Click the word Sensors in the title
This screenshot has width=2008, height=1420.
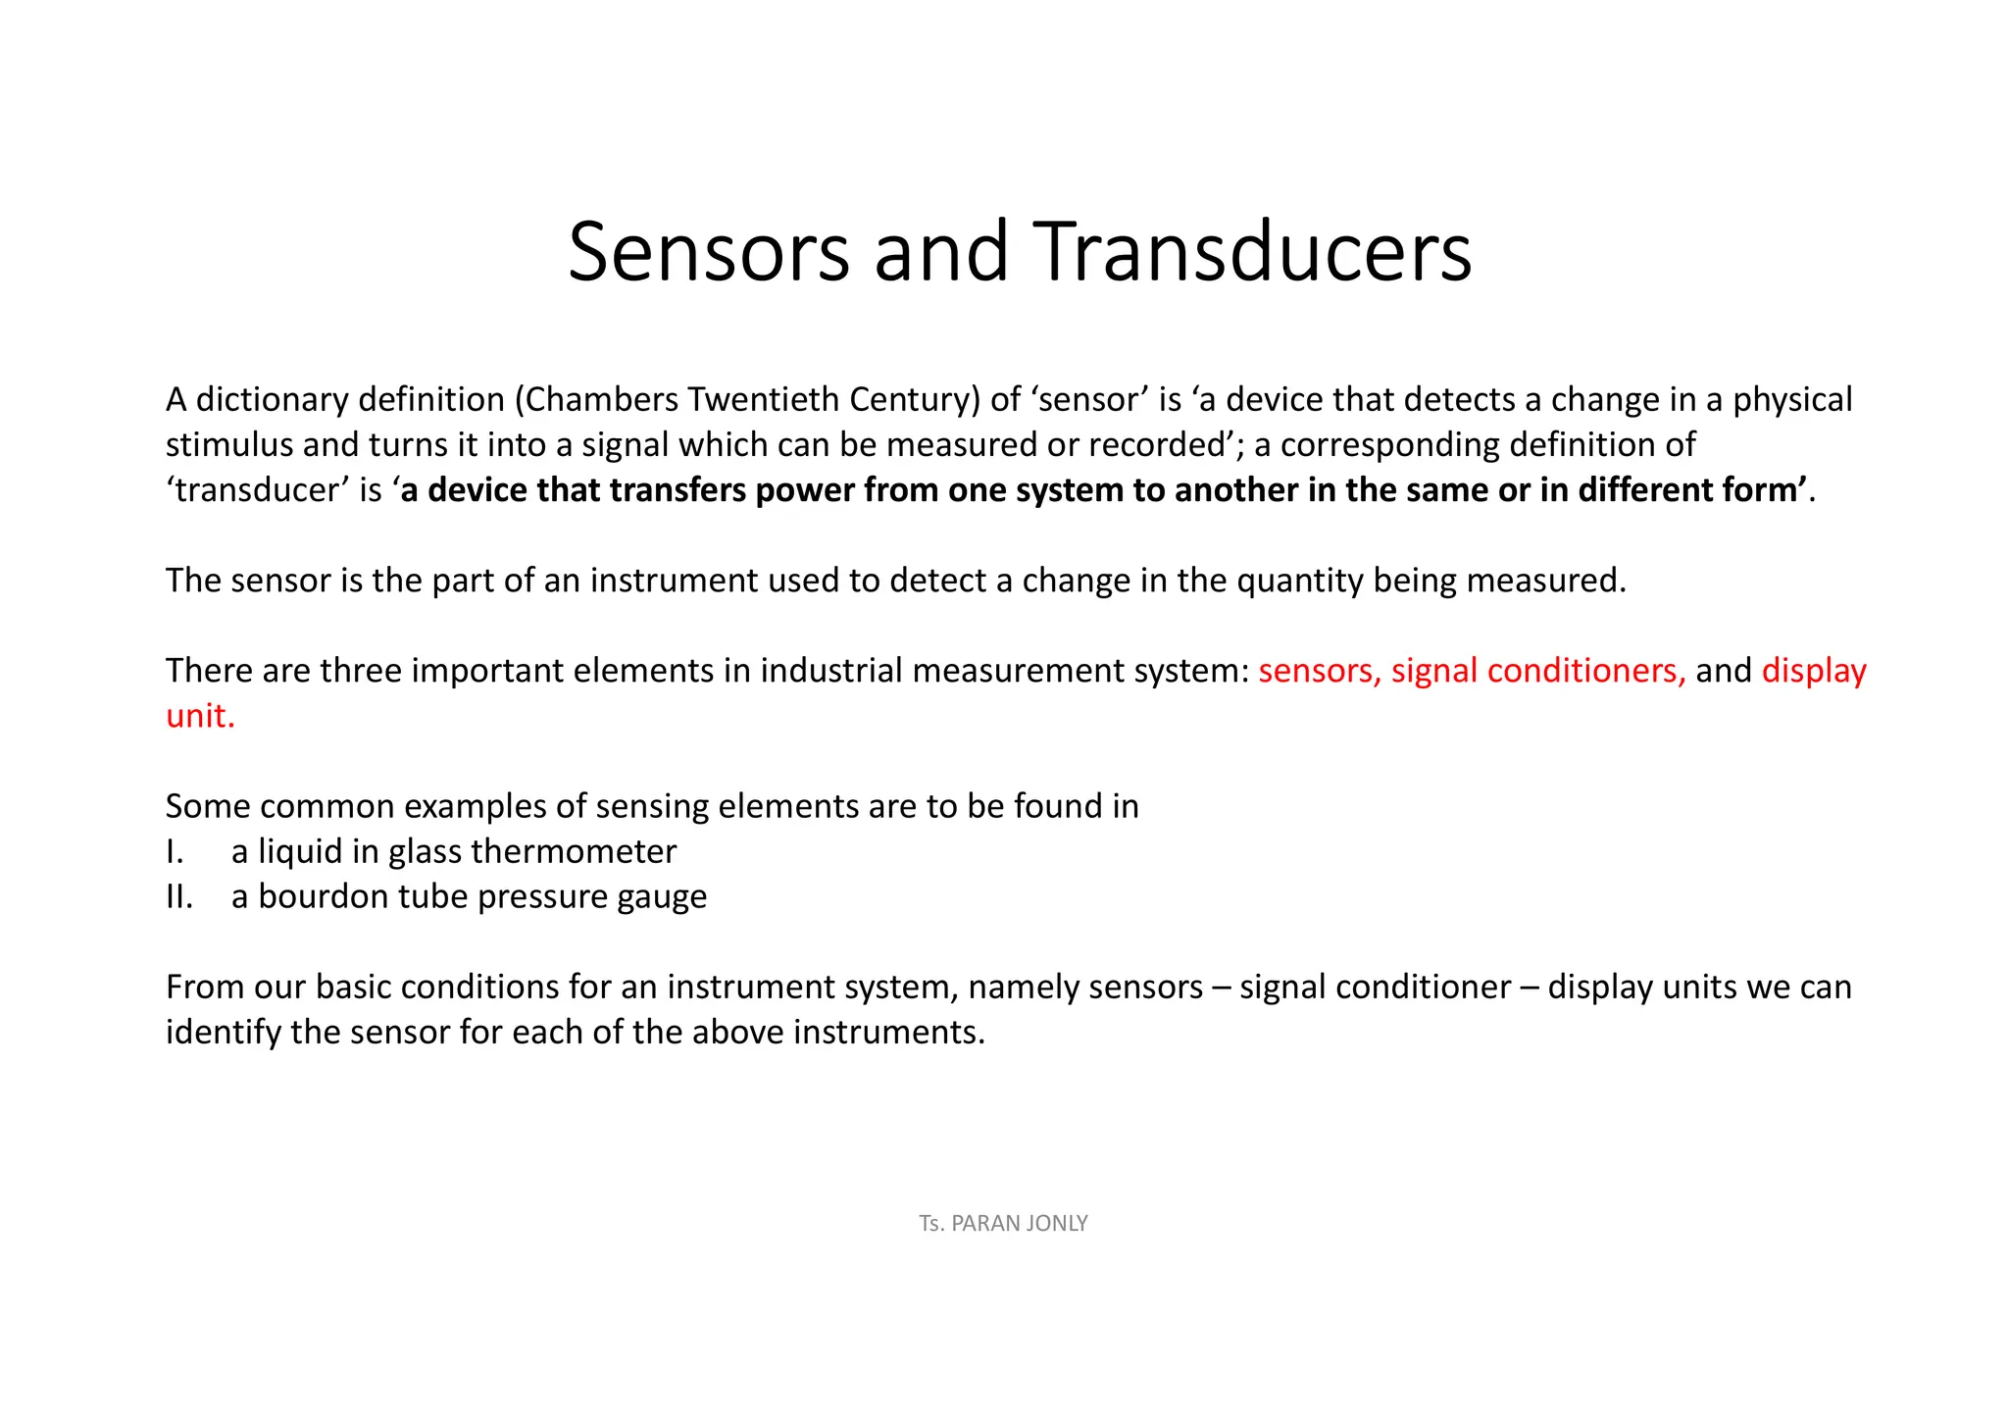[x=708, y=252]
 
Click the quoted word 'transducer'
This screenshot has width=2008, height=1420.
[x=257, y=490]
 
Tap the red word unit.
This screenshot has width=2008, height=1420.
[x=200, y=716]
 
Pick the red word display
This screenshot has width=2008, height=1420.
[x=1814, y=671]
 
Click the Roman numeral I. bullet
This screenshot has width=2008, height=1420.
[x=175, y=851]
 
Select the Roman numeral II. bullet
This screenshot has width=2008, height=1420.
[x=179, y=896]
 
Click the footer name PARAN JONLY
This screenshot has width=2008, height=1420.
[x=1020, y=1223]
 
